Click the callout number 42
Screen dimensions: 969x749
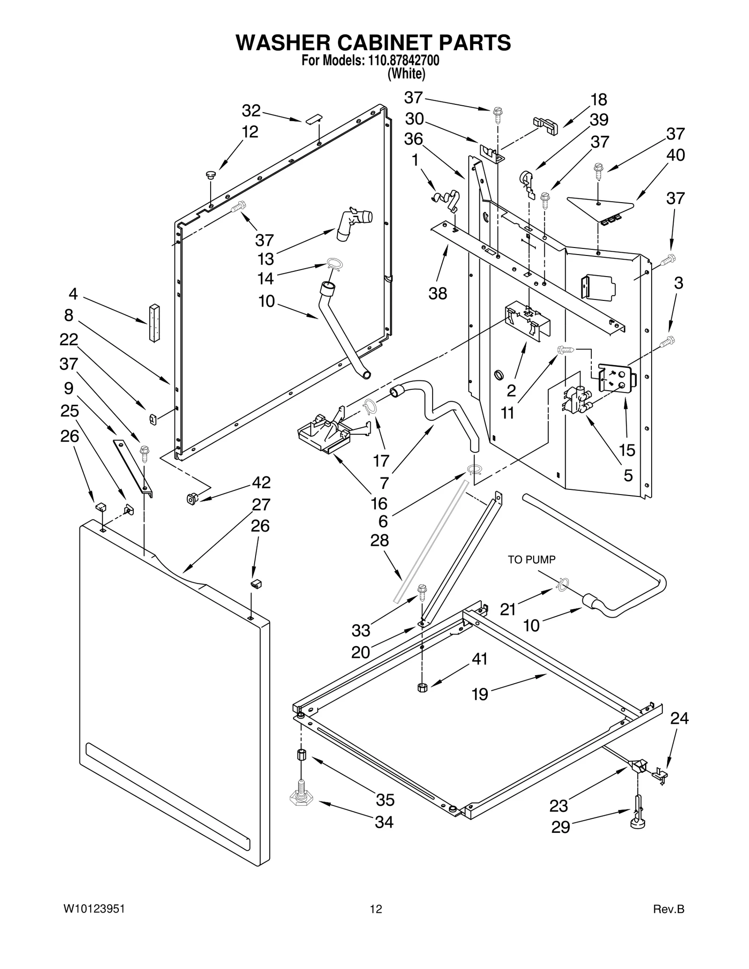click(261, 482)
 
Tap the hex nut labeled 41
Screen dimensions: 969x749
click(421, 687)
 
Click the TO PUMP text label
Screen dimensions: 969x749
click(532, 560)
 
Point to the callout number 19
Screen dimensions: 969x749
click(480, 694)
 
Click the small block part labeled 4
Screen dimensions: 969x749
click(154, 322)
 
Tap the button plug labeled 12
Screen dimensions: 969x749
click(211, 175)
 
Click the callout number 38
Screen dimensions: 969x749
click(438, 294)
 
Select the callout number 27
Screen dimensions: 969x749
click(261, 504)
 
